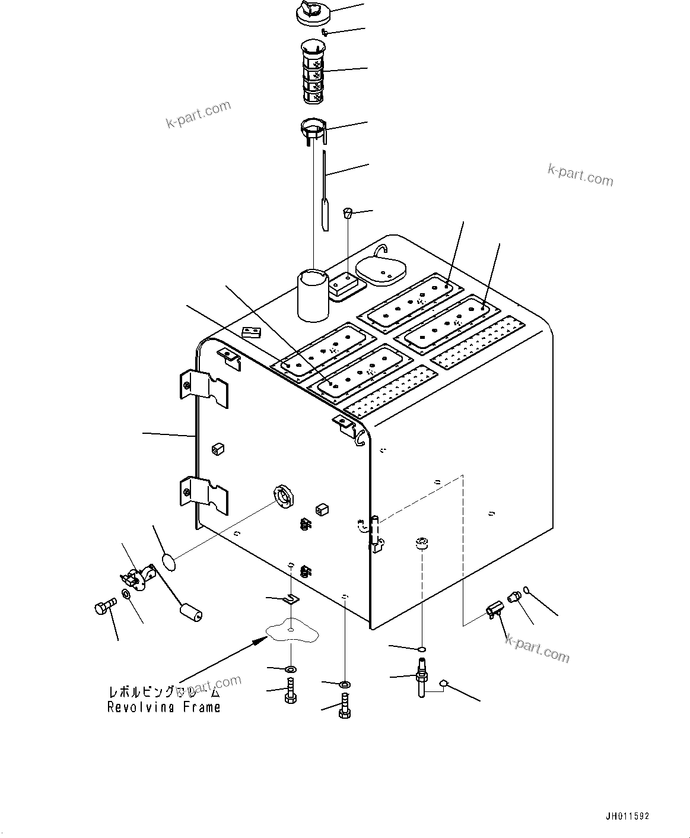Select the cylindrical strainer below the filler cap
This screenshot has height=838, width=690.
click(315, 72)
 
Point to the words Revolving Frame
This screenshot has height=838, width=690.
click(164, 707)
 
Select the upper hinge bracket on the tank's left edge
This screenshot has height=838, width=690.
click(203, 389)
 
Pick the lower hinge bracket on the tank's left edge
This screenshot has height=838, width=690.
click(203, 494)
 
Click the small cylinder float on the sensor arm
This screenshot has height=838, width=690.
click(191, 612)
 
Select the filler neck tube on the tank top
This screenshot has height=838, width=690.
click(312, 295)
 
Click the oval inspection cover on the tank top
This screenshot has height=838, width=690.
click(380, 271)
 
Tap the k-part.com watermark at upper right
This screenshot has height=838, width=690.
click(580, 174)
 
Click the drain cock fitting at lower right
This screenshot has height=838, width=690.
click(494, 608)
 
